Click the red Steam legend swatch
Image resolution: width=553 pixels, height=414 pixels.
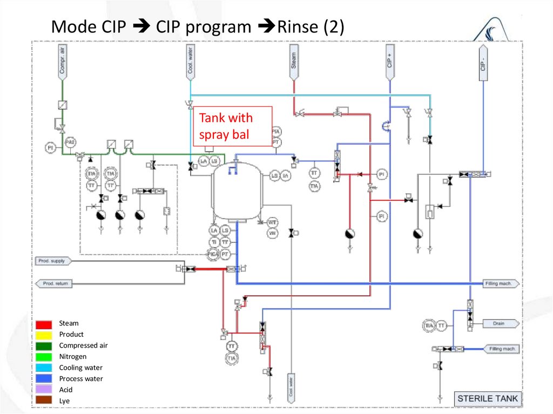tap(44, 324)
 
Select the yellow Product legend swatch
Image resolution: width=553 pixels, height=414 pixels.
tap(44, 335)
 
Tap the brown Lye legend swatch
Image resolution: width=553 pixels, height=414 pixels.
tap(44, 401)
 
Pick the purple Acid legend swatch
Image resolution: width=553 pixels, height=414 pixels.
tap(44, 390)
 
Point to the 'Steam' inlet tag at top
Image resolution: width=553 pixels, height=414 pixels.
tap(294, 59)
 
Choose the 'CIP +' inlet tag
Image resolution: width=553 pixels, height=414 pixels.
tap(389, 60)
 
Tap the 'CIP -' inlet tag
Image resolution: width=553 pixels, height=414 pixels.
tap(483, 62)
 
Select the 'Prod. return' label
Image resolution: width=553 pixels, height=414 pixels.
tap(54, 283)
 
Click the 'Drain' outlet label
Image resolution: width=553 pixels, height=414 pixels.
tap(498, 324)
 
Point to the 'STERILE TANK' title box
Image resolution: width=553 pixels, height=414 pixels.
tap(487, 399)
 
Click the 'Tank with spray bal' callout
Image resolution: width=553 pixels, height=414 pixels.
tap(232, 126)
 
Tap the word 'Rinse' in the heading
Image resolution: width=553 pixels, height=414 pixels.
tap(299, 27)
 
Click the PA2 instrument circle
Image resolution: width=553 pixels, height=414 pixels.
tap(70, 142)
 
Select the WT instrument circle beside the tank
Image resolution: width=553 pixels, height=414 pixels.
tap(273, 223)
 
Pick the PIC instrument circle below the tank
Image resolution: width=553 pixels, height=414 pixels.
tap(213, 253)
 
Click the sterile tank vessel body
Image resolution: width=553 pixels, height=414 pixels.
tap(237, 192)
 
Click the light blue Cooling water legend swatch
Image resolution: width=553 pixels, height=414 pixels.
tap(44, 368)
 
